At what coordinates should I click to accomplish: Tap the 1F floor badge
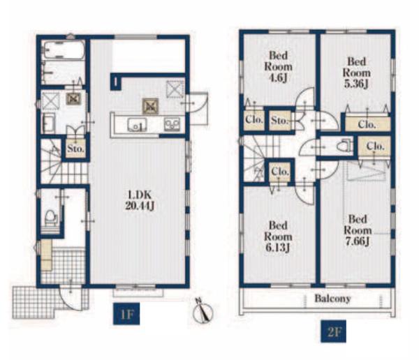click(x=126, y=314)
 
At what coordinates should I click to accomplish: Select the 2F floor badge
click(x=334, y=331)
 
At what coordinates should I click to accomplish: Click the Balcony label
click(x=332, y=299)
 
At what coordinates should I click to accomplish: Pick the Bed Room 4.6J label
click(x=278, y=67)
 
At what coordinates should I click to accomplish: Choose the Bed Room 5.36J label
click(x=356, y=73)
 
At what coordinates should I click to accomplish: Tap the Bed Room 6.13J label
click(x=278, y=237)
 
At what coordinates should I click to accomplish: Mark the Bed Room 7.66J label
click(x=358, y=230)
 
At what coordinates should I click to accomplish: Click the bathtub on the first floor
click(x=64, y=50)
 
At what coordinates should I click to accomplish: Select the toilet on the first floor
click(x=51, y=217)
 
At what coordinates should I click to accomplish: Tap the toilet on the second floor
click(x=344, y=146)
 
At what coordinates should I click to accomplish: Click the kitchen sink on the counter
click(x=137, y=125)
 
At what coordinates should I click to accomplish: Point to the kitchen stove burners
click(x=172, y=125)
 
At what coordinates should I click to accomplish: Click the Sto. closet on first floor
click(x=76, y=149)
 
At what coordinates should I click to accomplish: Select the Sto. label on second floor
click(x=279, y=121)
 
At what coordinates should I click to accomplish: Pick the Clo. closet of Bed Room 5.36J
click(x=367, y=124)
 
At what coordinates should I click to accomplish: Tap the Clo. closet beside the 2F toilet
click(x=374, y=147)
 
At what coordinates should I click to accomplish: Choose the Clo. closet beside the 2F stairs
click(x=280, y=171)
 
